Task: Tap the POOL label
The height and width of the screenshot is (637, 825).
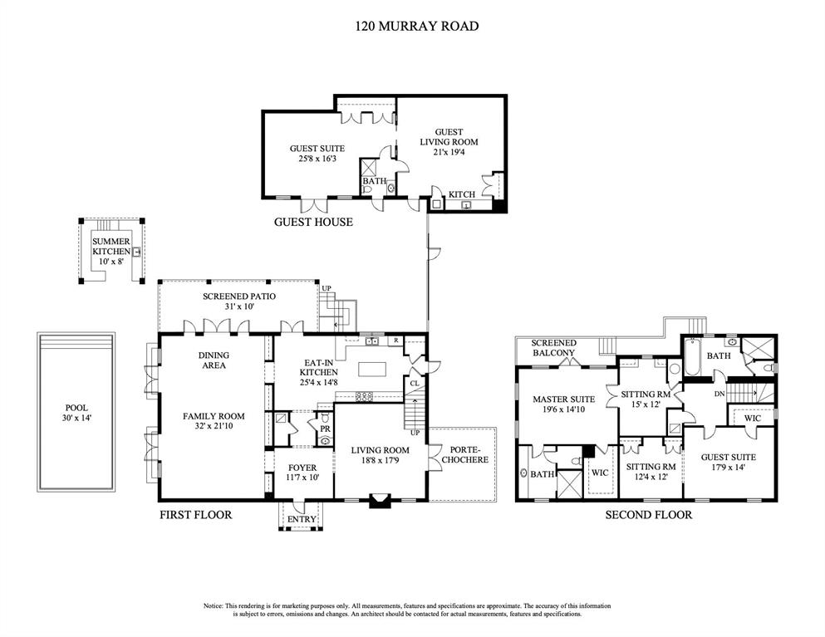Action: click(76, 408)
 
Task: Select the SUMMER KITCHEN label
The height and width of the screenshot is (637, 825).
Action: click(111, 246)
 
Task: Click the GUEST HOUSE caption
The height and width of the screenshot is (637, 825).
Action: click(313, 222)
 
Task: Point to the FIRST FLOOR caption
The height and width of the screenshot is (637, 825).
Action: click(195, 515)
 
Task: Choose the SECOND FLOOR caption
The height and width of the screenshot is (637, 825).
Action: click(648, 515)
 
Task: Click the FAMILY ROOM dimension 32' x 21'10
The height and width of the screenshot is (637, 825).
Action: click(214, 429)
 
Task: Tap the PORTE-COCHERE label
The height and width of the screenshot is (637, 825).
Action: click(463, 454)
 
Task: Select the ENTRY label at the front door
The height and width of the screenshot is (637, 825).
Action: click(302, 520)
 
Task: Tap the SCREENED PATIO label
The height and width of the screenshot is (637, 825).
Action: click(239, 296)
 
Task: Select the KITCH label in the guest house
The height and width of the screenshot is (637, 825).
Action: click(461, 194)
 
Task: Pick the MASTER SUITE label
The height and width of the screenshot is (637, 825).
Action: click(562, 399)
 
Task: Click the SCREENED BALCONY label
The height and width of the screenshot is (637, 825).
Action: click(553, 347)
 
